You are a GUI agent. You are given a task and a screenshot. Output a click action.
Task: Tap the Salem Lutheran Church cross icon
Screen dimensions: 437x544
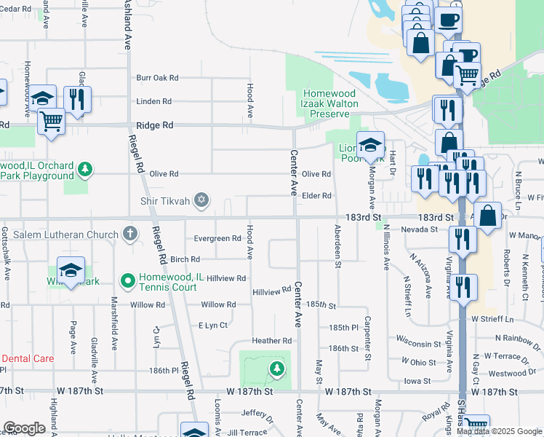[129, 234]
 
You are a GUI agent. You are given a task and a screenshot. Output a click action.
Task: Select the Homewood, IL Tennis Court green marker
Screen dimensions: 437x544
[128, 280]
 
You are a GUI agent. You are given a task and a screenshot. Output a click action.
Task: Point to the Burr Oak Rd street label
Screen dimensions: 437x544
[157, 78]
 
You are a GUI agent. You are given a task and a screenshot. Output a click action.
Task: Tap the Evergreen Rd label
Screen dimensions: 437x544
[217, 239]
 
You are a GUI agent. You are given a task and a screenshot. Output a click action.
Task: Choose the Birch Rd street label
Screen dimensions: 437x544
[185, 260]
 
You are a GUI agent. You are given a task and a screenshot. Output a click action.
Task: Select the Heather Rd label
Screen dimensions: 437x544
[271, 341]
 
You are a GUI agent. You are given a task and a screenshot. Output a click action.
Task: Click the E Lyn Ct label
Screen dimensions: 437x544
[214, 325]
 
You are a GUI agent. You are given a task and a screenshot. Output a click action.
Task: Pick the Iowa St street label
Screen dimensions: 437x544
[417, 380]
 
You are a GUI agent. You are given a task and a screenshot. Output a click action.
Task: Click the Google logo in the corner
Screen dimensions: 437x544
[25, 428]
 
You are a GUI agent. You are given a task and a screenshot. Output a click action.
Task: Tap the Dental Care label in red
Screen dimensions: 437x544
[28, 359]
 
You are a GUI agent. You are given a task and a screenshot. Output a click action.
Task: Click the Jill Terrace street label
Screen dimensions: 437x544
[247, 432]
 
